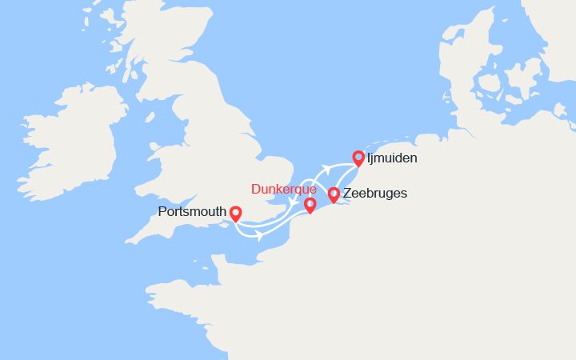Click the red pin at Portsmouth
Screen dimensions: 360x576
click(235, 214)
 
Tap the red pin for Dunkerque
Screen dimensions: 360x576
click(310, 205)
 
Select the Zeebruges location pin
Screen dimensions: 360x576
click(334, 194)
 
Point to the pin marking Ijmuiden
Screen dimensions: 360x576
click(358, 158)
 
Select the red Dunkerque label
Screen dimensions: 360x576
click(283, 189)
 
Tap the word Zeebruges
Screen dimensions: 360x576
click(374, 194)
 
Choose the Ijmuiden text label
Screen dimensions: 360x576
click(392, 158)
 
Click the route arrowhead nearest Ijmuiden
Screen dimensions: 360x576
click(326, 167)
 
